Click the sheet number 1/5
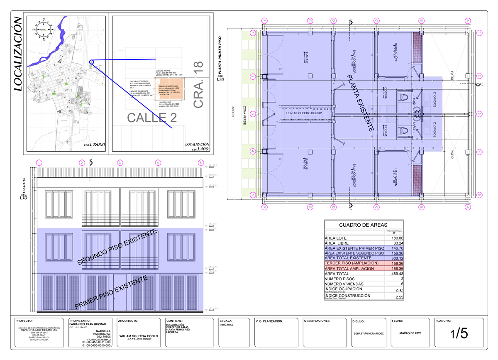[458, 333]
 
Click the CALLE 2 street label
[152, 118]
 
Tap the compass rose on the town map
[43, 29]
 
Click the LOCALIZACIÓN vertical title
[18, 54]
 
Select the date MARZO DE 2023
[410, 333]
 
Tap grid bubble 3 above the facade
[120, 163]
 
